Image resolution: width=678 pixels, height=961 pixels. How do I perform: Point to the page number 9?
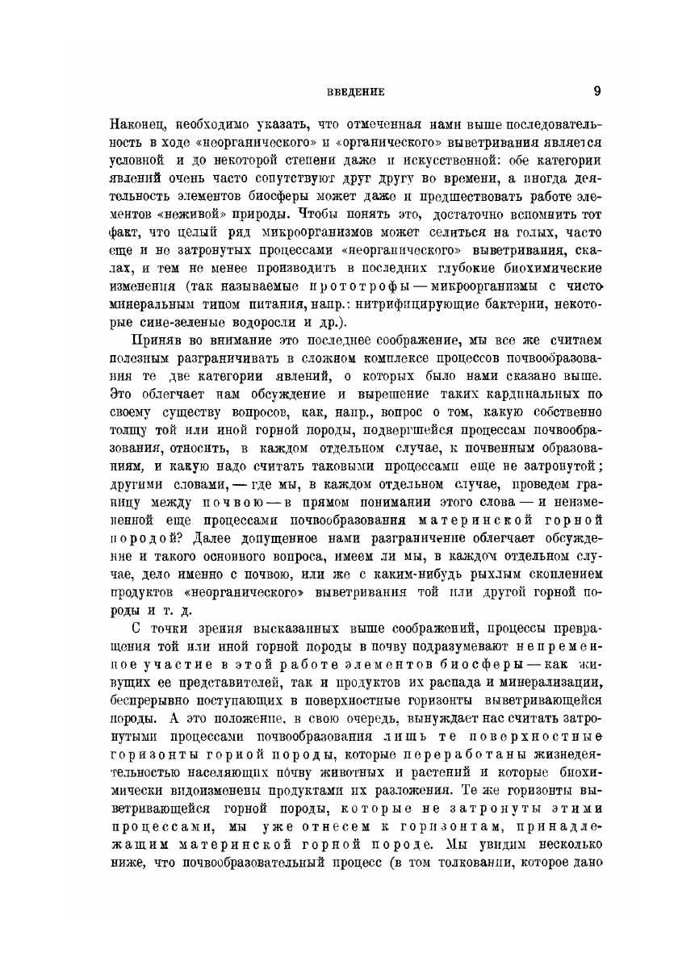(596, 91)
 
